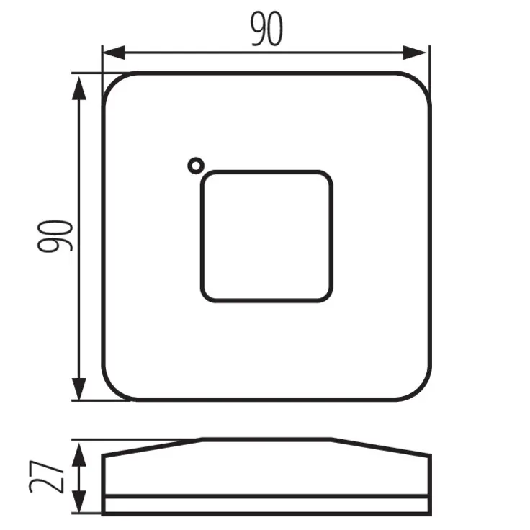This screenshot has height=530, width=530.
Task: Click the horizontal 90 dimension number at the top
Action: (x=266, y=30)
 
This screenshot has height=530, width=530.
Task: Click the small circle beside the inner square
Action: (x=194, y=166)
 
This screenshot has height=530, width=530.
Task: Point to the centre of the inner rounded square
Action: (x=266, y=235)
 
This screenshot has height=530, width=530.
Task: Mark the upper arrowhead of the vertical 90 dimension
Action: (x=78, y=85)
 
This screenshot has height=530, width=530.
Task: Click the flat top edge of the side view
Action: (x=266, y=439)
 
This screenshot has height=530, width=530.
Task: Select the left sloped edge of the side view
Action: (x=151, y=446)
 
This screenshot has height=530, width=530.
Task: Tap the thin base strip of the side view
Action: (x=266, y=505)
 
